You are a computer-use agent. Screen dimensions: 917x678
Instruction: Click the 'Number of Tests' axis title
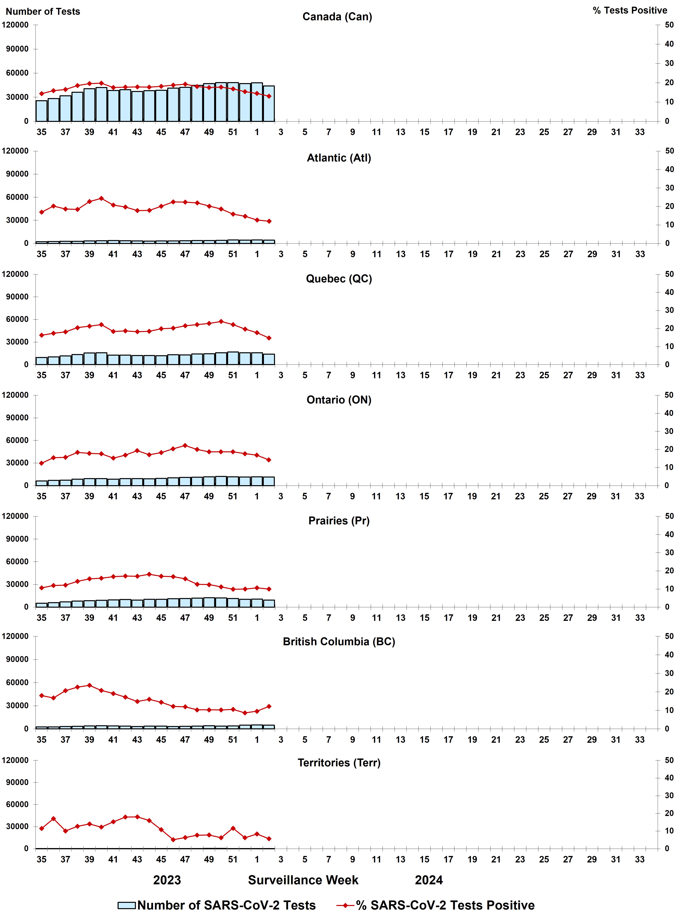click(43, 11)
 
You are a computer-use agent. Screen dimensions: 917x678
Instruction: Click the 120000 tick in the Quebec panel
click(15, 274)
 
